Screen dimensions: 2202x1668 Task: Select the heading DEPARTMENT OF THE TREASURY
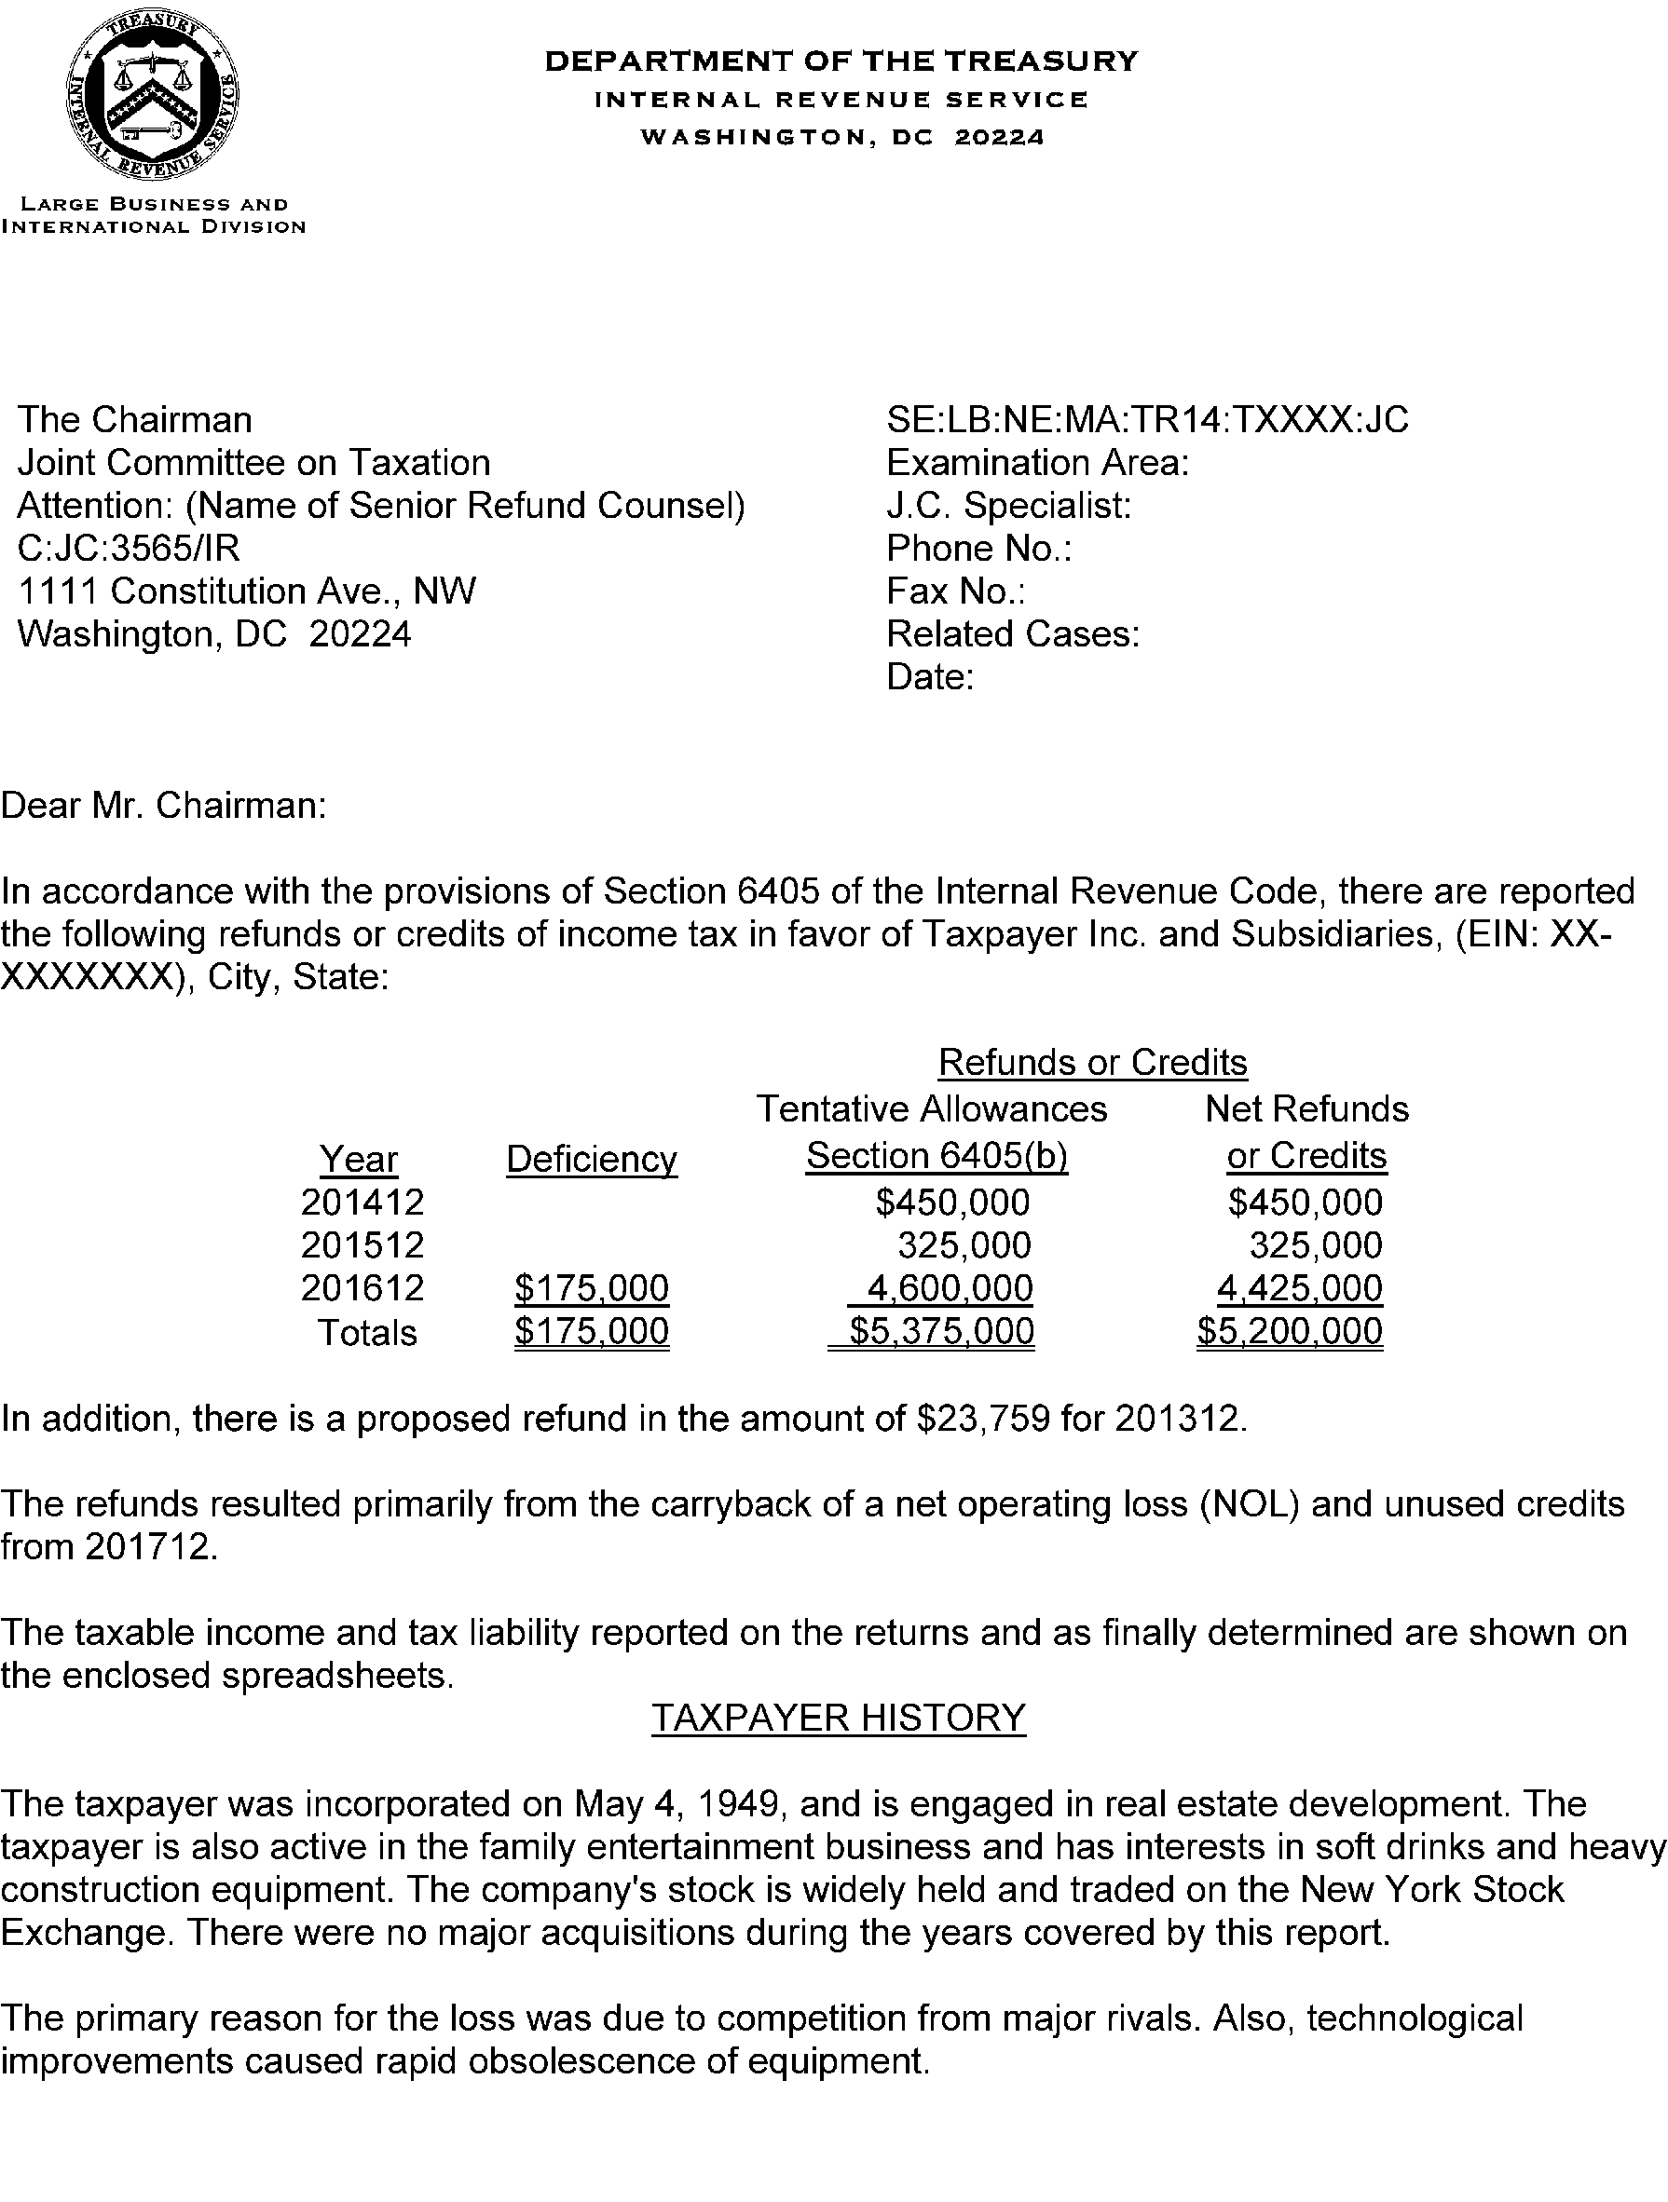click(841, 61)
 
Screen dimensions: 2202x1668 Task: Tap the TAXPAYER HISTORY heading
click(838, 1718)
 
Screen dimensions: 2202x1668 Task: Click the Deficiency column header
click(592, 1159)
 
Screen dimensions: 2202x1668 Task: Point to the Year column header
click(359, 1159)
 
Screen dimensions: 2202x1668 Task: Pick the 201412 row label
click(362, 1203)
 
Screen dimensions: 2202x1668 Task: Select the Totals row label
click(366, 1332)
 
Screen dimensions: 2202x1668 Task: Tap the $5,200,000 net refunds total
click(1290, 1331)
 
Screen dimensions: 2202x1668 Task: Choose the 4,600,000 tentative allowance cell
click(949, 1288)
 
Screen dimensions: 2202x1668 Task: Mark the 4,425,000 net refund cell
click(1300, 1288)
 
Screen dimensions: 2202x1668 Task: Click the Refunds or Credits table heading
click(1092, 1062)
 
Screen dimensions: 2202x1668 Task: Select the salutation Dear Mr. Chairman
click(163, 805)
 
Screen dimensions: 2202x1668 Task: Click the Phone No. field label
click(978, 549)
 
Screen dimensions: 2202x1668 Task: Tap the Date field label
click(929, 677)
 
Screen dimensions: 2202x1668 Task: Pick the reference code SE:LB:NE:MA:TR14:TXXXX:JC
click(1147, 420)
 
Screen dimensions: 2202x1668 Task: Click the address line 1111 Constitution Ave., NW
click(247, 591)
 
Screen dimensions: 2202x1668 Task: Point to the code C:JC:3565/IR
click(129, 549)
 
